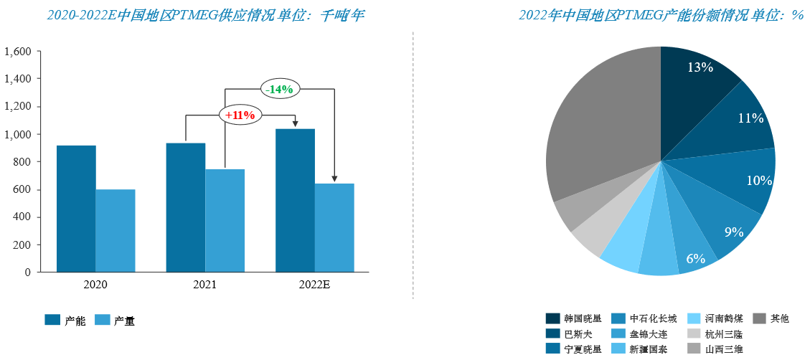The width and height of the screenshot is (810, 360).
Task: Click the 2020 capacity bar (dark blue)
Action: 76,209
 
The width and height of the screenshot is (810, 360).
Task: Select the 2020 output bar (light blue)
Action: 116,230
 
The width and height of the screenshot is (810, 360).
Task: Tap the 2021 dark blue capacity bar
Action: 185,207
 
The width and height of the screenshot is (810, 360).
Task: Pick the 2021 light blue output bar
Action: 225,220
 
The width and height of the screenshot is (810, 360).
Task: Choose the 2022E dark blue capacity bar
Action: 295,200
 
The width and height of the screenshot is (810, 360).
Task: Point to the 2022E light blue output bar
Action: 334,227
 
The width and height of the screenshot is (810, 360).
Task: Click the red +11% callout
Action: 240,115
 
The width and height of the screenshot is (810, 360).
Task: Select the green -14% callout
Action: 279,89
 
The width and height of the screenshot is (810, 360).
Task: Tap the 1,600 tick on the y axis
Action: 18,52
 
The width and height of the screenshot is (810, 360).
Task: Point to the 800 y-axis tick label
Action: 23,162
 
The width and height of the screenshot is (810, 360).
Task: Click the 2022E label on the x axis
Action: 314,285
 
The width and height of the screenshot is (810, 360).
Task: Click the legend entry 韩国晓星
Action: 575,318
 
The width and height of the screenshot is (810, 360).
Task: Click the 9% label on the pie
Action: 733,232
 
